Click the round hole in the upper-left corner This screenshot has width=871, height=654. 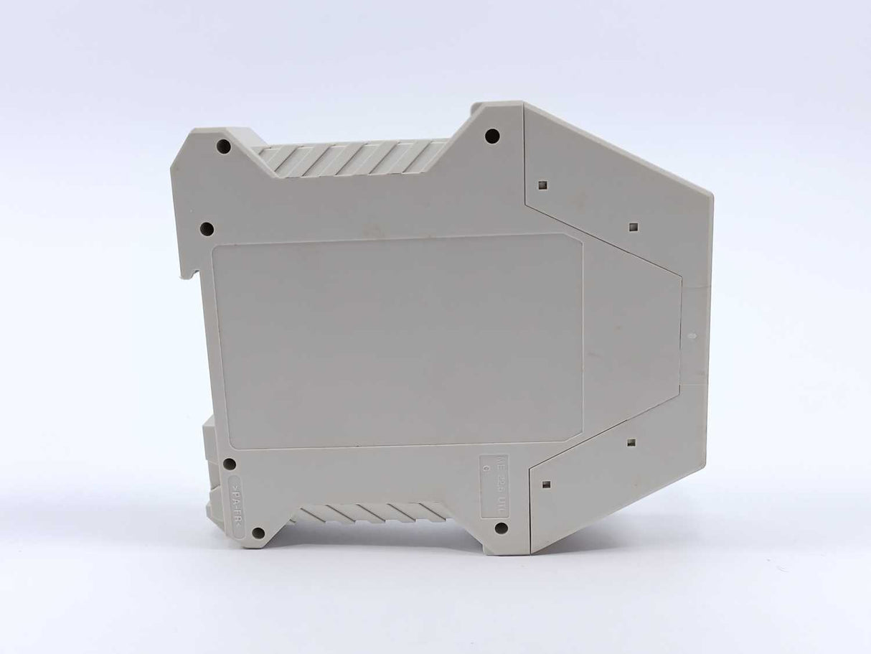[x=223, y=146]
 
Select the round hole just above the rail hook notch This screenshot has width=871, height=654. [x=207, y=229]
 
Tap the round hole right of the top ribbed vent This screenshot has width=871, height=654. [x=492, y=136]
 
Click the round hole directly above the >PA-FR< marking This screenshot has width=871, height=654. [x=230, y=464]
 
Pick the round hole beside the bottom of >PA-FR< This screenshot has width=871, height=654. [x=258, y=533]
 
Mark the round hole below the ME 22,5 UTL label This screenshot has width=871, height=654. [x=502, y=528]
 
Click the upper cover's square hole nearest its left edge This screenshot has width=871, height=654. [x=542, y=185]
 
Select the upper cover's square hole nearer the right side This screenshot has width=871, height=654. [x=632, y=228]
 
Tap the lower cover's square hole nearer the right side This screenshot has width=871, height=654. [x=631, y=442]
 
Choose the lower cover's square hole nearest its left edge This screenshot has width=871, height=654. [x=545, y=485]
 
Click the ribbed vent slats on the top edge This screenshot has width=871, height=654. [x=352, y=158]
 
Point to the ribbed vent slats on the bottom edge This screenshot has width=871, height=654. [x=373, y=512]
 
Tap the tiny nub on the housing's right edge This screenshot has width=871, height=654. [x=691, y=335]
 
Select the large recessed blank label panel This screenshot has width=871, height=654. [x=397, y=341]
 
